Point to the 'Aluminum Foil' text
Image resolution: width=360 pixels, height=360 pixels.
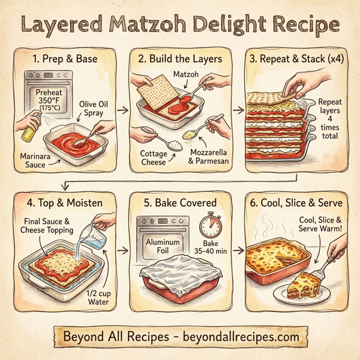159,245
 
